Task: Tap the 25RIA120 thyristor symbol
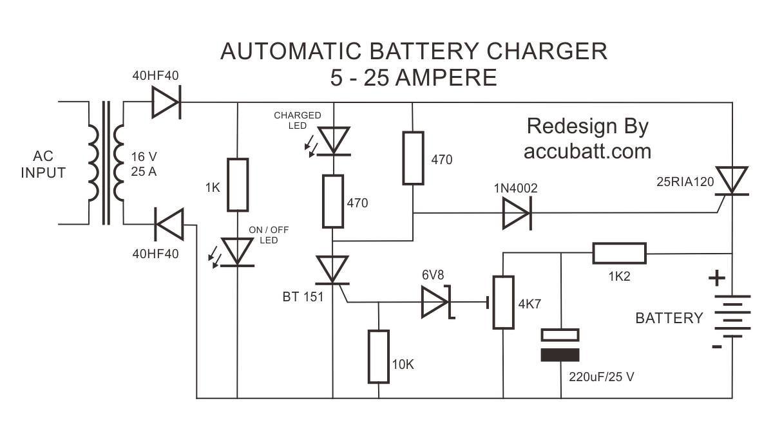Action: (x=732, y=181)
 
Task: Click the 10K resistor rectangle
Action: (x=379, y=357)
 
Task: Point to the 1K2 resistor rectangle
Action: (x=619, y=254)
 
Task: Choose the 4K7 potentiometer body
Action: (x=503, y=302)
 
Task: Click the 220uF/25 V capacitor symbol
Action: (x=560, y=344)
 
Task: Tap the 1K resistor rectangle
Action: (x=238, y=184)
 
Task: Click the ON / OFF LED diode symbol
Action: (x=238, y=252)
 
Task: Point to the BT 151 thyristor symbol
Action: (x=333, y=270)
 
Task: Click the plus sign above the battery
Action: (x=717, y=279)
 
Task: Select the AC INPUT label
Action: (x=43, y=164)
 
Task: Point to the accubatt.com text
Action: (x=587, y=151)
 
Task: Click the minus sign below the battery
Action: (x=716, y=347)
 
